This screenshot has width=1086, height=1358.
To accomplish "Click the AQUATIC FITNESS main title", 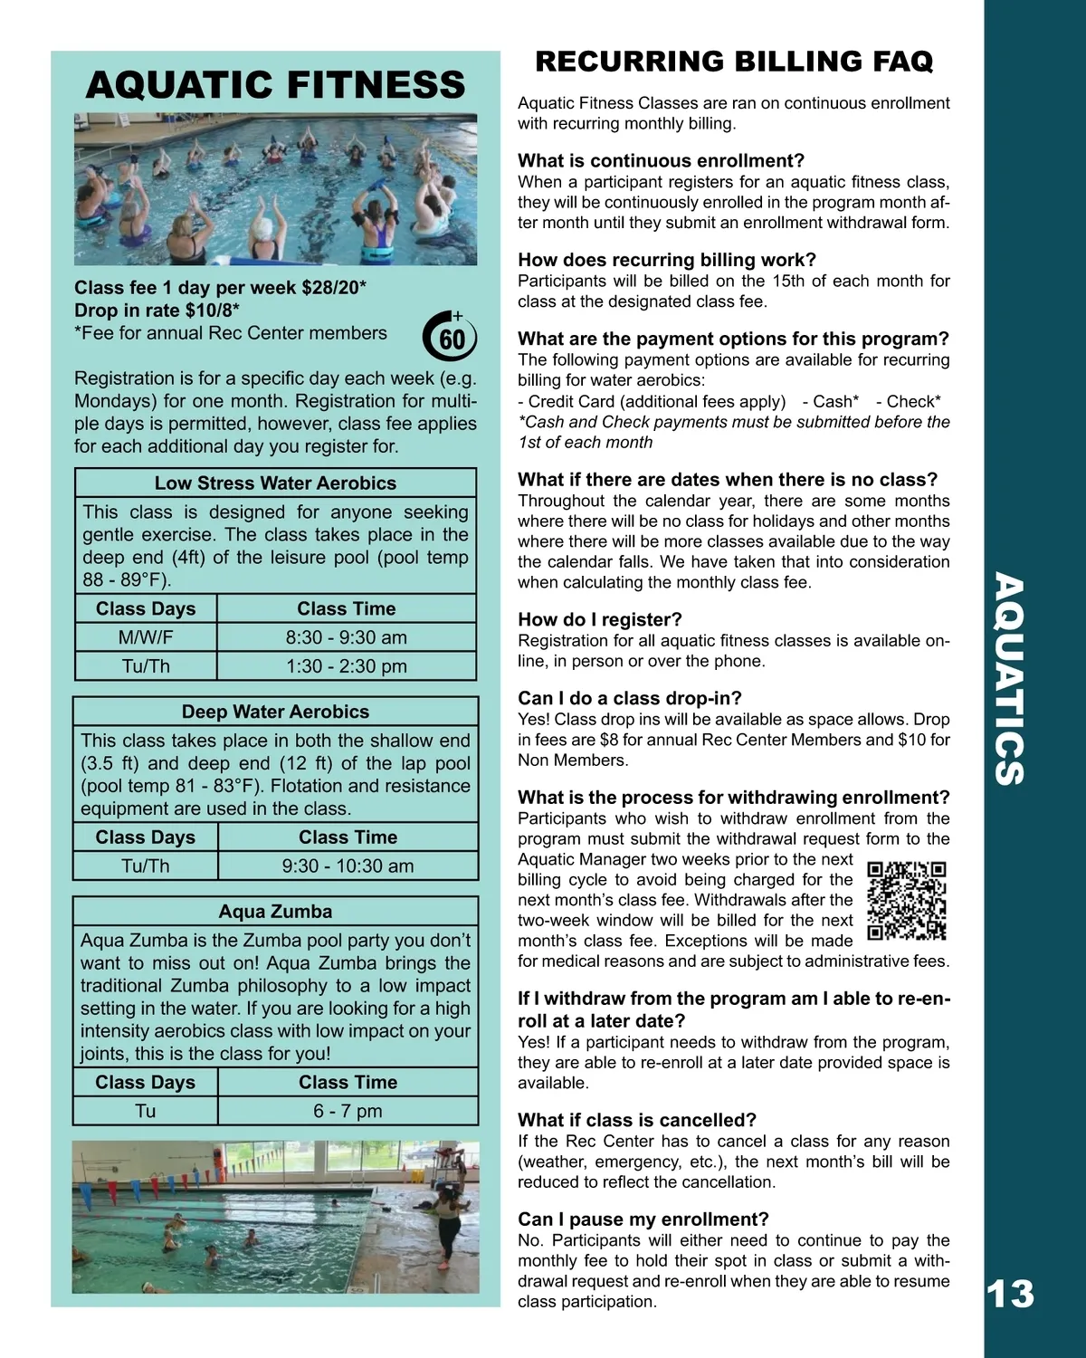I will [x=275, y=84].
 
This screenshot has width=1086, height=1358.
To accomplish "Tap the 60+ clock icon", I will [x=450, y=337].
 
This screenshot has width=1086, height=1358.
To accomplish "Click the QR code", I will [x=906, y=901].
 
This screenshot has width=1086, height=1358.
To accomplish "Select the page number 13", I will [x=1010, y=1294].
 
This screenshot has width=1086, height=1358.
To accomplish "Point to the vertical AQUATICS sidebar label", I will [x=1010, y=679].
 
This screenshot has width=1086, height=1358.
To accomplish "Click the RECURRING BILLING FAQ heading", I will [x=734, y=61].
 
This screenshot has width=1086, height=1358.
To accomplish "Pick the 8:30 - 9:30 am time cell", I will [x=347, y=637].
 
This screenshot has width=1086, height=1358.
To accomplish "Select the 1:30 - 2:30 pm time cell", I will [x=347, y=666].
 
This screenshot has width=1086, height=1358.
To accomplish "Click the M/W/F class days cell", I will [x=146, y=637].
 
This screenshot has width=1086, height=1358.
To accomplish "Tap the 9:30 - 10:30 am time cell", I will [x=348, y=866].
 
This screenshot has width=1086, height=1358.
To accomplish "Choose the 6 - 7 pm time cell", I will [x=348, y=1111].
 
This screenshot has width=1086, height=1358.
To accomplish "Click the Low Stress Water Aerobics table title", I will [x=275, y=483].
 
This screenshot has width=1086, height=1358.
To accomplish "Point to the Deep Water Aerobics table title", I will [x=275, y=712].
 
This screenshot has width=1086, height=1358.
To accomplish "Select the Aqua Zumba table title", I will [x=275, y=912].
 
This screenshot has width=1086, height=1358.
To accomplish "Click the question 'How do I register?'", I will [x=600, y=619].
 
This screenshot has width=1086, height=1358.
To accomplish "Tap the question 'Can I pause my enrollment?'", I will [x=643, y=1219].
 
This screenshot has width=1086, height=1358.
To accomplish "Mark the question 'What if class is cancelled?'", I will [x=637, y=1120].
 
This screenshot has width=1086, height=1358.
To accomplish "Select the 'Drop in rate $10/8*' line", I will [x=157, y=311].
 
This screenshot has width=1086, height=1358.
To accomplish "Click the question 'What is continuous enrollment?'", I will [x=661, y=161].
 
